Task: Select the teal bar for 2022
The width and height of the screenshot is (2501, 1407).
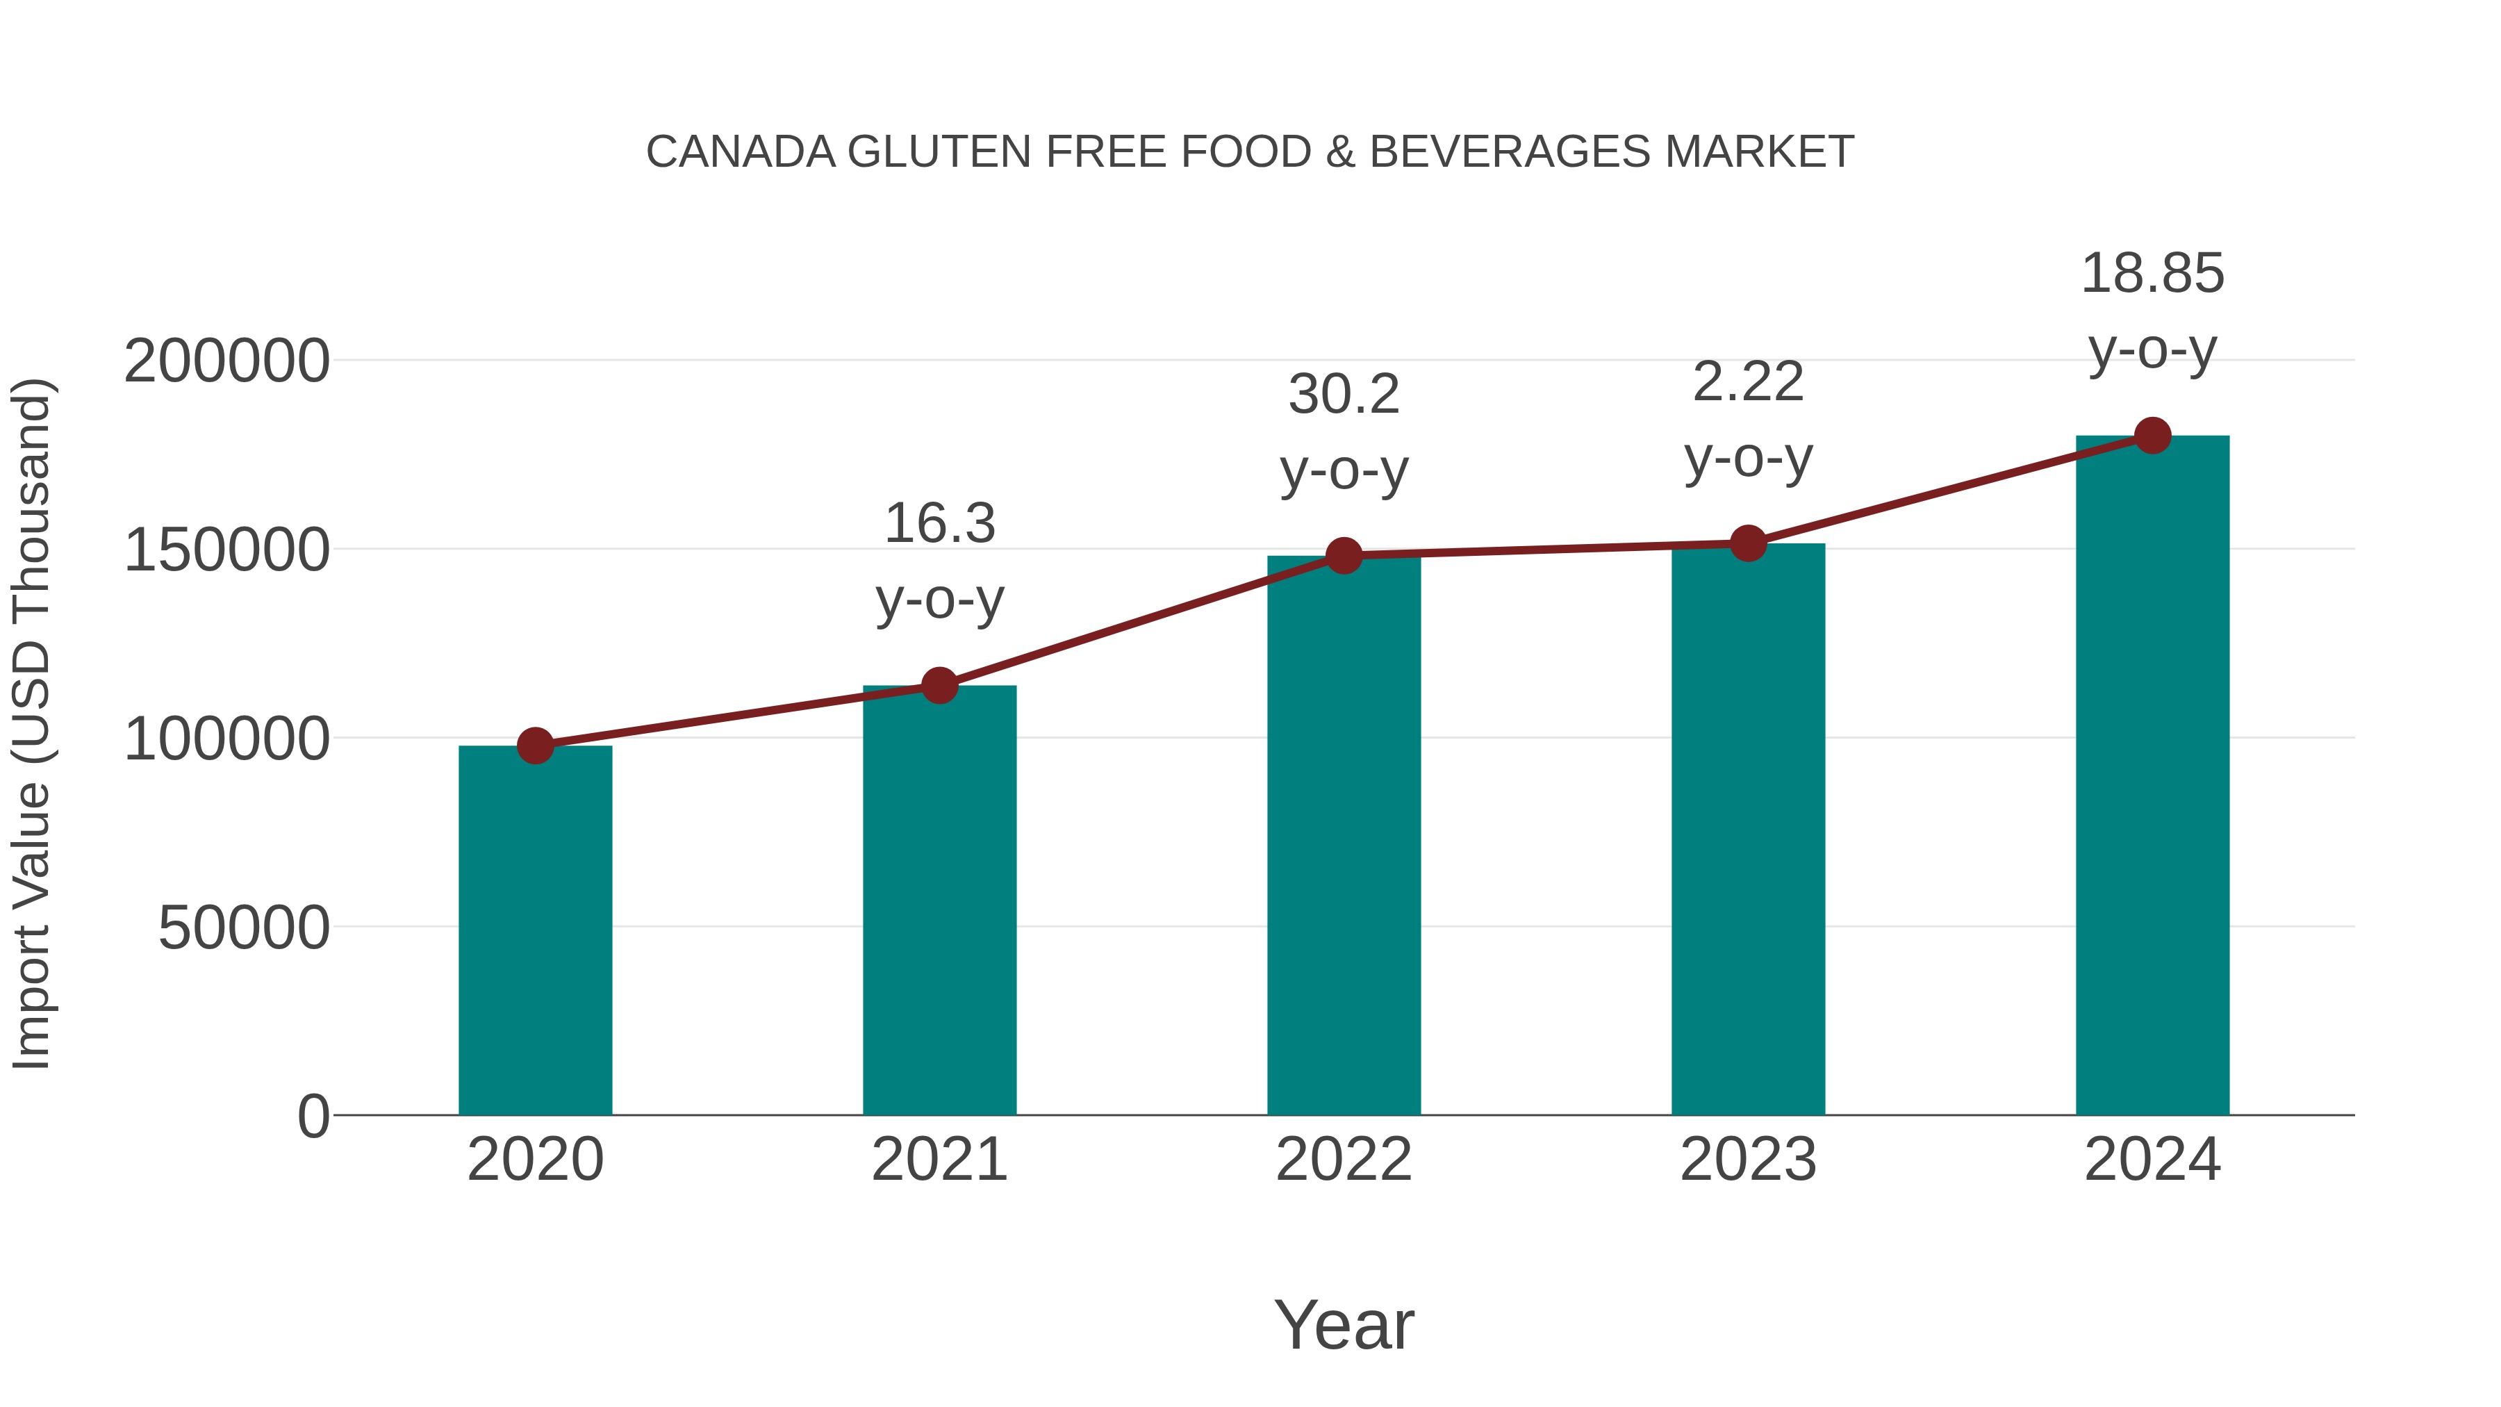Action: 1344,835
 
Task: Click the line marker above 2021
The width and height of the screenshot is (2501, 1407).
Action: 939,686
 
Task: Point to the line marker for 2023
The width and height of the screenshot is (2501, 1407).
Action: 1748,544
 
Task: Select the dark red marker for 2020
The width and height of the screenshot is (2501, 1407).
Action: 535,746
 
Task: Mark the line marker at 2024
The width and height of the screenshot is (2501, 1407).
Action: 2152,436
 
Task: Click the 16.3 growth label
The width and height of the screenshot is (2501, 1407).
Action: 939,525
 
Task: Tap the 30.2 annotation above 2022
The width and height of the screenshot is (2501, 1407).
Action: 1344,395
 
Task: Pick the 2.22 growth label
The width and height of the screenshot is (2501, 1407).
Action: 1748,383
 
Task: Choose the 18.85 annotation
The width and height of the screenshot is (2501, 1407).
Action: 2152,274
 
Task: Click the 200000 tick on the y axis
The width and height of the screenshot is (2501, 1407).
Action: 226,361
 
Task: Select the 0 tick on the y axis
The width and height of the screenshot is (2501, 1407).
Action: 313,1116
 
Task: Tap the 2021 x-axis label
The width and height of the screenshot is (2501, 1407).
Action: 939,1160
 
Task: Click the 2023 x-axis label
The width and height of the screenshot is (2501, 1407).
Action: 1748,1160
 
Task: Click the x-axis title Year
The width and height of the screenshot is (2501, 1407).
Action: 1344,1324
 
